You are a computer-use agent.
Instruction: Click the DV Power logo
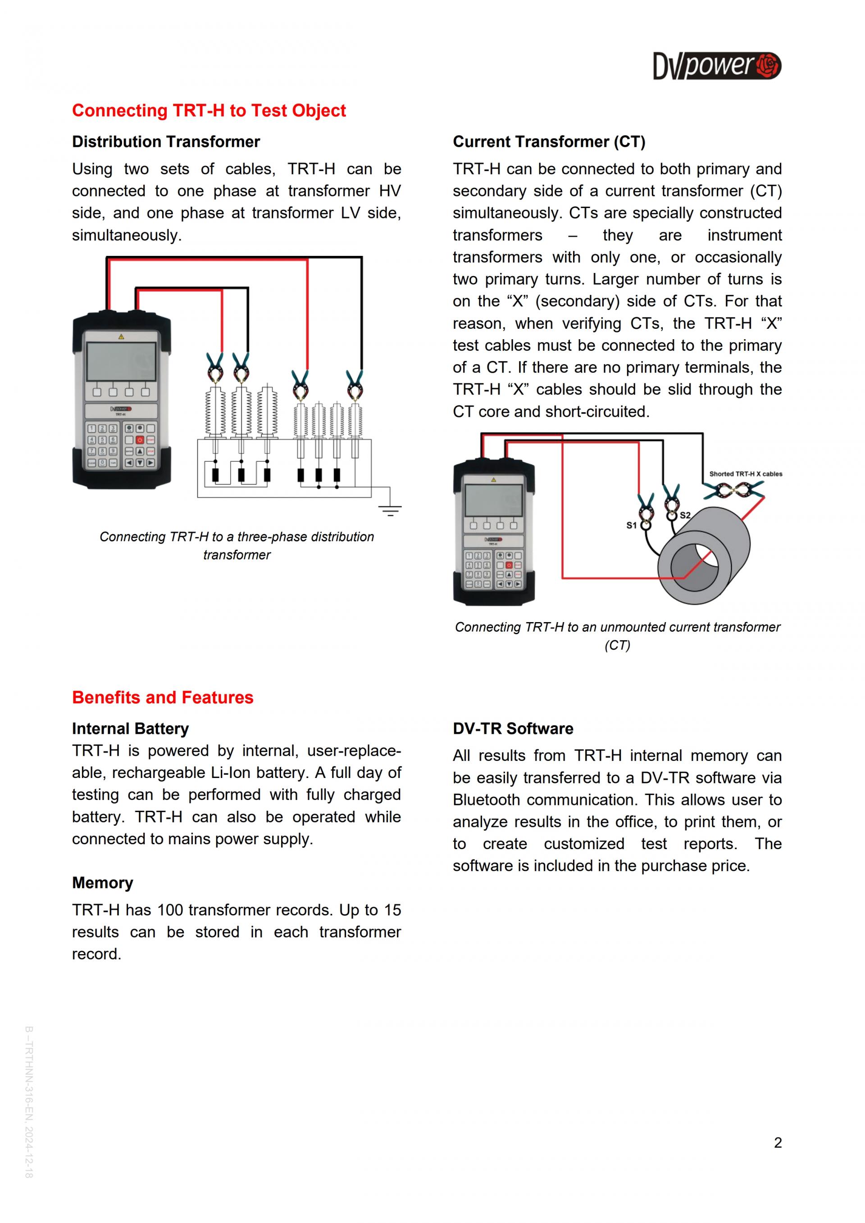[x=716, y=66]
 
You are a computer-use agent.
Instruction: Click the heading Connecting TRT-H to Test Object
[x=209, y=111]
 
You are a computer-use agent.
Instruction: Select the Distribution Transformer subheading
[x=166, y=142]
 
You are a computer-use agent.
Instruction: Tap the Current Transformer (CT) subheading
[x=549, y=142]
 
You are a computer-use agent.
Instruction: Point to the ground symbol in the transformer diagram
[x=391, y=510]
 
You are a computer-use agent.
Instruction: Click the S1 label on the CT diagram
[x=631, y=525]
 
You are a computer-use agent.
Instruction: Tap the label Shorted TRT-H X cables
[x=745, y=473]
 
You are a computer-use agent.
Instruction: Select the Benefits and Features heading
[x=163, y=697]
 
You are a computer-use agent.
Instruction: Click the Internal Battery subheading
[x=131, y=729]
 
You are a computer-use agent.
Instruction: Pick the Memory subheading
[x=102, y=882]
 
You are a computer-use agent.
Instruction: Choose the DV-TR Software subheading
[x=513, y=729]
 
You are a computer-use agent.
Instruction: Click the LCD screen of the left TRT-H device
[x=122, y=361]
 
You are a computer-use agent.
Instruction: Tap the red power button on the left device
[x=140, y=440]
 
